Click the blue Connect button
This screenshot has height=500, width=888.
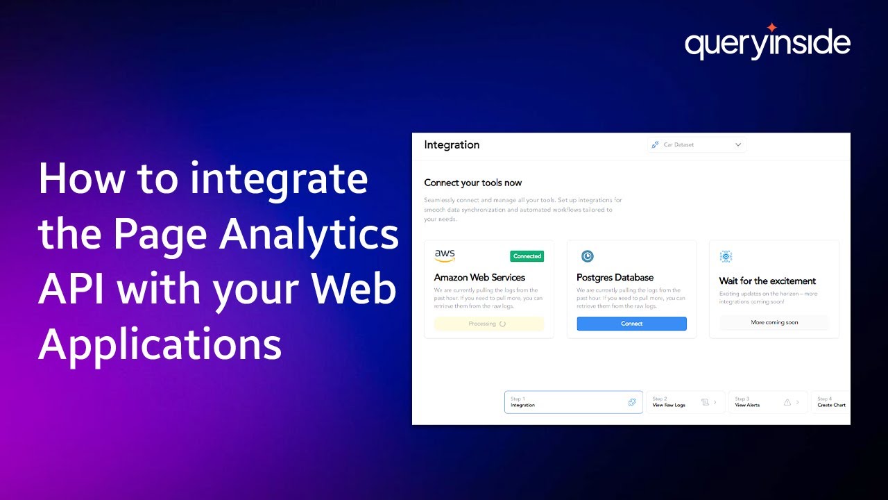631,324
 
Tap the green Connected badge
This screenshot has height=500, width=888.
527,256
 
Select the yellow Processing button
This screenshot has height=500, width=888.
489,324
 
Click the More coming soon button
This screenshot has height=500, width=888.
774,322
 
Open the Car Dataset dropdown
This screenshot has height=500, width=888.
697,145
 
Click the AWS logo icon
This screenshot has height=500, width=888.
445,256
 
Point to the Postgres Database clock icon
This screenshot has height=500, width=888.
587,256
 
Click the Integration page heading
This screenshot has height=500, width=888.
452,144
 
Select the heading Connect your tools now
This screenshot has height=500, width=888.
472,183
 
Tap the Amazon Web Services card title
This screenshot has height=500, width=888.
479,277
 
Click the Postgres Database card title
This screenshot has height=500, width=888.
615,277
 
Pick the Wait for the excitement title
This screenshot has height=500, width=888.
767,281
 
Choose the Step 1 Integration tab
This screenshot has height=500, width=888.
573,402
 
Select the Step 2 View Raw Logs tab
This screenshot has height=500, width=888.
685,402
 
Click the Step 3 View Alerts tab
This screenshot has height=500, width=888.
767,402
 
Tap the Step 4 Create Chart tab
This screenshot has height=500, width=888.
830,402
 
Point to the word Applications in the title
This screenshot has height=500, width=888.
160,344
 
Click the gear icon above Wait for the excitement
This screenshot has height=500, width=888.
726,256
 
